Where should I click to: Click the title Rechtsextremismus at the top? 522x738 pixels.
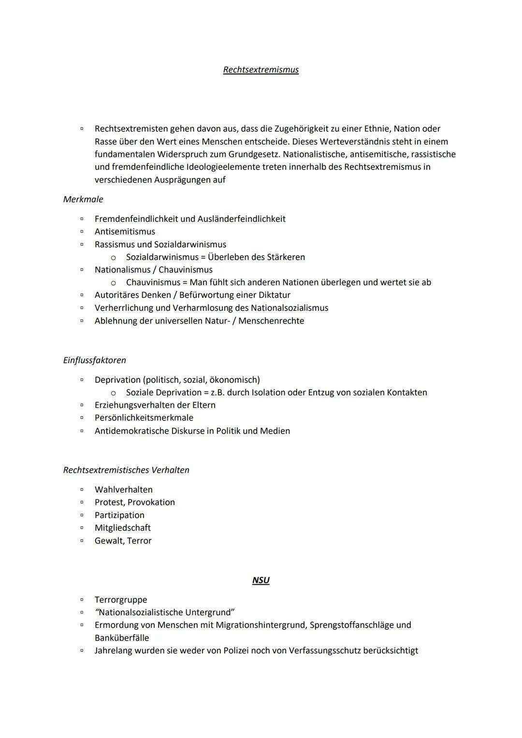pyautogui.click(x=261, y=70)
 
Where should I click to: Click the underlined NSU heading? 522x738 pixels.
pyautogui.click(x=261, y=580)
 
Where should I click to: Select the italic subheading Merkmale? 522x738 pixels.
pyautogui.click(x=83, y=199)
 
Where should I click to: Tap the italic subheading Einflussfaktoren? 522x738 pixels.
pyautogui.click(x=94, y=360)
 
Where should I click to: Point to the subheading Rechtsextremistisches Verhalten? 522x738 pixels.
pyautogui.click(x=126, y=470)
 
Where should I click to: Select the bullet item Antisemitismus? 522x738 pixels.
pyautogui.click(x=125, y=232)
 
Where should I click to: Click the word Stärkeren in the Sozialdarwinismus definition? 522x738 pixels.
pyautogui.click(x=286, y=257)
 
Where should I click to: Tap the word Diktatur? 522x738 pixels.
pyautogui.click(x=273, y=295)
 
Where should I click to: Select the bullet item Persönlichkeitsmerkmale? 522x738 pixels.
pyautogui.click(x=144, y=418)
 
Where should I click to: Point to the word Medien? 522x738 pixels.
pyautogui.click(x=275, y=431)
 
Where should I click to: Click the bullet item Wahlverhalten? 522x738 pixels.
pyautogui.click(x=123, y=490)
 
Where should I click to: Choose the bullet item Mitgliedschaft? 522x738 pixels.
pyautogui.click(x=122, y=528)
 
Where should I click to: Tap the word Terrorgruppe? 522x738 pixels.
pyautogui.click(x=121, y=600)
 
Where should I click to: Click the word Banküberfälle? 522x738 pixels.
pyautogui.click(x=122, y=638)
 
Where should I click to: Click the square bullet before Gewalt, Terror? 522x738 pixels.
pyautogui.click(x=82, y=541)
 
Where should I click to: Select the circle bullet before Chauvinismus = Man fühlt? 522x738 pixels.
pyautogui.click(x=114, y=283)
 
